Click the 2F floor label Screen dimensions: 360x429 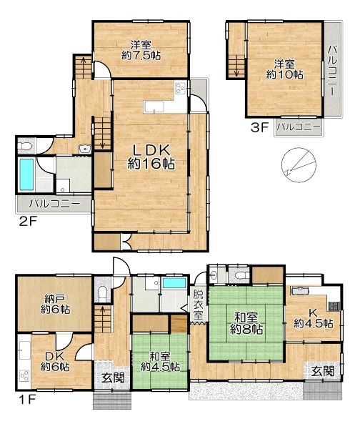tap(28, 221)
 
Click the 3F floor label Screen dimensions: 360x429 tap(260, 127)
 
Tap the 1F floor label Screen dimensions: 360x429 tap(27, 400)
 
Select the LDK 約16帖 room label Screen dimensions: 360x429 tap(151, 157)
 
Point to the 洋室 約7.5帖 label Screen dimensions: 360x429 tap(141, 50)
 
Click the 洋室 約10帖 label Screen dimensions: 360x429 tap(284, 69)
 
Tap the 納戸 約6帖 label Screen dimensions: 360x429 tap(55, 304)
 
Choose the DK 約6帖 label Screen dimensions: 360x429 tap(55, 361)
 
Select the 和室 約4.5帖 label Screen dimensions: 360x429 tap(160, 362)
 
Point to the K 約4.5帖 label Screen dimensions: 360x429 tap(314, 318)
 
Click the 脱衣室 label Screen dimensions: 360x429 tap(199, 305)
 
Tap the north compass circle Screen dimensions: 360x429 tap(299, 165)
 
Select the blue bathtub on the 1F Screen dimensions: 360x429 tap(175, 283)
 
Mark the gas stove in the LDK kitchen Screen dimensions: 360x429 tap(181, 88)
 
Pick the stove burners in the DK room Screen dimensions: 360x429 tap(24, 375)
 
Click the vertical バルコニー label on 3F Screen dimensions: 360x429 tap(333, 71)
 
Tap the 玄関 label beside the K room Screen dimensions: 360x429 tap(323, 371)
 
